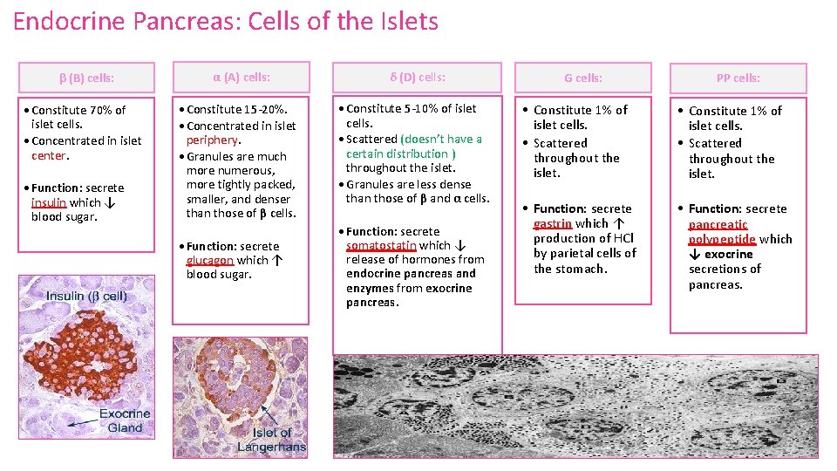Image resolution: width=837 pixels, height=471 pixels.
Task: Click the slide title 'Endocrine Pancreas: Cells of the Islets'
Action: (226, 21)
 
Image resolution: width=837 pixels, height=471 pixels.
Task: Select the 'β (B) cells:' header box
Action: (86, 78)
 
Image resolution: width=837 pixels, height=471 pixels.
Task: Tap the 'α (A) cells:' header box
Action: (242, 77)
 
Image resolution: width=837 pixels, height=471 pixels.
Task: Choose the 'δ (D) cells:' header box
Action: (418, 77)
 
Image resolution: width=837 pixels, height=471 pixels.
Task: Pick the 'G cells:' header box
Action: (582, 78)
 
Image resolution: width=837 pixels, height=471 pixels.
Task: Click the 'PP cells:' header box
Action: (738, 78)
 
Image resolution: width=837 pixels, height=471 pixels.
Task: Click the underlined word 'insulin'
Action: (49, 202)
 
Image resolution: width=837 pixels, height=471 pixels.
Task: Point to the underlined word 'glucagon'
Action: (209, 260)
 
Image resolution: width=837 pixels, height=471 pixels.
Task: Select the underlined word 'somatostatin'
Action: (381, 245)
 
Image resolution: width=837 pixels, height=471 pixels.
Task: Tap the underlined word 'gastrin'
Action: (552, 223)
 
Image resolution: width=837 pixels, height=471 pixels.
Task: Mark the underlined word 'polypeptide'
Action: (722, 239)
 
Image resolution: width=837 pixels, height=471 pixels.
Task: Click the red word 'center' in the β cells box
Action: (49, 155)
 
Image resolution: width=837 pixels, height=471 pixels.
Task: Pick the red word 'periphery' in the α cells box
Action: (212, 140)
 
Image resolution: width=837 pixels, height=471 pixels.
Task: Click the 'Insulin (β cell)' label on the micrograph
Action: (86, 297)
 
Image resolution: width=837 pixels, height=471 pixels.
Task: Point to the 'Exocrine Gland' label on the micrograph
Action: (125, 420)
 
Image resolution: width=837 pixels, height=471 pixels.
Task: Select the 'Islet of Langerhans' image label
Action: (272, 440)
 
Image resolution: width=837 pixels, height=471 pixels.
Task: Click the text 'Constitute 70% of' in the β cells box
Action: (78, 110)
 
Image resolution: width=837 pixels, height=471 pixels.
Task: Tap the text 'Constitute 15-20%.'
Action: (236, 109)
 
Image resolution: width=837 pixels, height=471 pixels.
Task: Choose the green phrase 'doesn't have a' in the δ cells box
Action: (441, 139)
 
